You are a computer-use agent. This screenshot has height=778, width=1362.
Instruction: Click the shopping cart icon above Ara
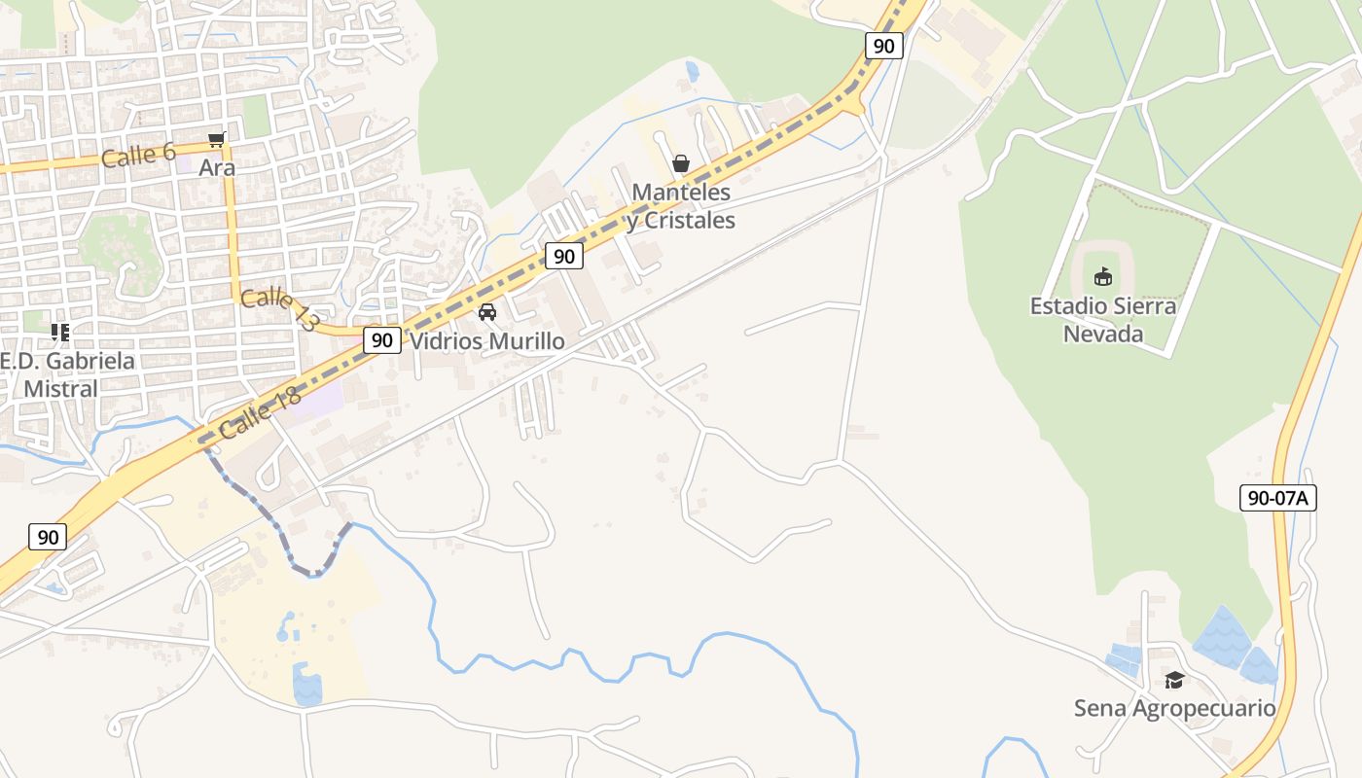(x=216, y=139)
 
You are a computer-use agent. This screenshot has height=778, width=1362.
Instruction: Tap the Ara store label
(x=217, y=167)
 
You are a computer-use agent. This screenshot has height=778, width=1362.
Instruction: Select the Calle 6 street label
(x=140, y=155)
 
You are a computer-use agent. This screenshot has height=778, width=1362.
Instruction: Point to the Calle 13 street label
(x=279, y=310)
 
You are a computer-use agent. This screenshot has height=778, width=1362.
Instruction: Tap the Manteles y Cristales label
(x=681, y=206)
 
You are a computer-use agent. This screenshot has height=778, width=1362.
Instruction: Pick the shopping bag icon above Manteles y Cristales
(x=681, y=162)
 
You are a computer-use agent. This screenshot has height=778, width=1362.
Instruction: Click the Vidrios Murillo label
(x=486, y=341)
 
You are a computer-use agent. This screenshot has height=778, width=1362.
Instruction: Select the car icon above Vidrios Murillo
(x=487, y=312)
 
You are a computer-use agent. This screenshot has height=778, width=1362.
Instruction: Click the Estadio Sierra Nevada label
(x=1102, y=320)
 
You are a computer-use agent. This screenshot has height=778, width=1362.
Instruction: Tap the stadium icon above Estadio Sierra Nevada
(x=1102, y=277)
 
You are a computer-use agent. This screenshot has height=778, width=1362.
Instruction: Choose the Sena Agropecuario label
(x=1174, y=708)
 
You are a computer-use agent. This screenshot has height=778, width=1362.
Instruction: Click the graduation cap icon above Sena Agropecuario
(x=1174, y=679)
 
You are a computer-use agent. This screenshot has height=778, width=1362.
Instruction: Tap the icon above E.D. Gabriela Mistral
(x=60, y=333)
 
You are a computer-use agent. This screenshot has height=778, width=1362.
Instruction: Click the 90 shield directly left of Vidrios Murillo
(x=382, y=340)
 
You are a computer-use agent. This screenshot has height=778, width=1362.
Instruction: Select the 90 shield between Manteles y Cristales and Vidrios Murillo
(x=564, y=256)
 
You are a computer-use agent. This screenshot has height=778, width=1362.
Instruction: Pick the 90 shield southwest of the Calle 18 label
(x=48, y=537)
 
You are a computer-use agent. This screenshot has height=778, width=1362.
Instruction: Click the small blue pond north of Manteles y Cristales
(x=692, y=71)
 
